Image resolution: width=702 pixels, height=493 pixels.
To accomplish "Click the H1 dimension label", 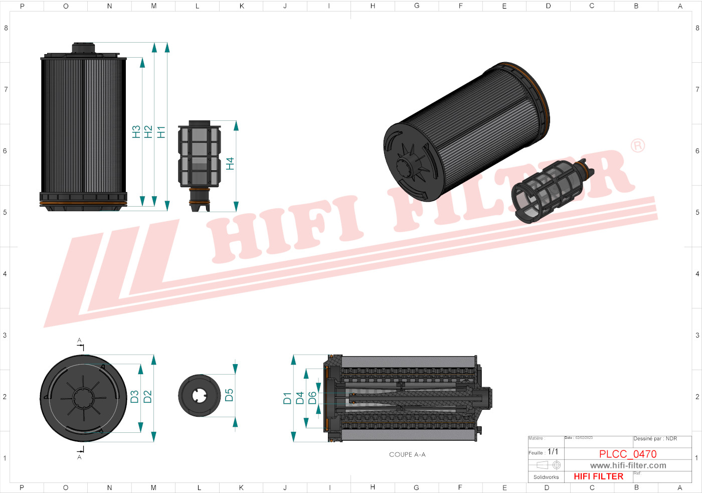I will [161, 132].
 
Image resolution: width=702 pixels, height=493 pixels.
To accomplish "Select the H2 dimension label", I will [148, 132].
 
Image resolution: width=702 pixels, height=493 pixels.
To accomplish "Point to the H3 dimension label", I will [136, 132].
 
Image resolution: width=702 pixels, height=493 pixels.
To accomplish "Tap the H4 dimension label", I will [230, 163].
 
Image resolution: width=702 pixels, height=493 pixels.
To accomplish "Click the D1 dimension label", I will [287, 398].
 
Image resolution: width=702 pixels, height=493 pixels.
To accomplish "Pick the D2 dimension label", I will [147, 397].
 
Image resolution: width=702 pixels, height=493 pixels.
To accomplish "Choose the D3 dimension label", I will [135, 397].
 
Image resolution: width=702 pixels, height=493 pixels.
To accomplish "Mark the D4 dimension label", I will [300, 398].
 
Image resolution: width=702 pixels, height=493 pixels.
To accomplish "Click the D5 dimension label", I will [229, 395].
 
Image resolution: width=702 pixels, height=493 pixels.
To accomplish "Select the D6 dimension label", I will [312, 398].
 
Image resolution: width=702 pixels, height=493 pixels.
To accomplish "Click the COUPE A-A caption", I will [407, 454].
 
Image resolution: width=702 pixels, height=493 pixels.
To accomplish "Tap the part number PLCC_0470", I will [628, 454].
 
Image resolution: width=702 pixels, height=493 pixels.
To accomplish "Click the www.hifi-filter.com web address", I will [628, 465].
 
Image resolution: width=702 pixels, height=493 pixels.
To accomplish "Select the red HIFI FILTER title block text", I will [598, 476].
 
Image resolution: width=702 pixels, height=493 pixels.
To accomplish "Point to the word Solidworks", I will [546, 477].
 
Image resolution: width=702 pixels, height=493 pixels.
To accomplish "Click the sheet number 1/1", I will [553, 452].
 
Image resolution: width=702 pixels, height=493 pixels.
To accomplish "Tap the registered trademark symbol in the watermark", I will [637, 146].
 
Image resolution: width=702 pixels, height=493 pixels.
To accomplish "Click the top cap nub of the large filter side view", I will [83, 47].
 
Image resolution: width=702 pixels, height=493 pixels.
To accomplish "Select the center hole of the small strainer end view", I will [199, 396].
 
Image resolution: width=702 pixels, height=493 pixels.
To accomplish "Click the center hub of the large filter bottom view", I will [83, 398].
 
